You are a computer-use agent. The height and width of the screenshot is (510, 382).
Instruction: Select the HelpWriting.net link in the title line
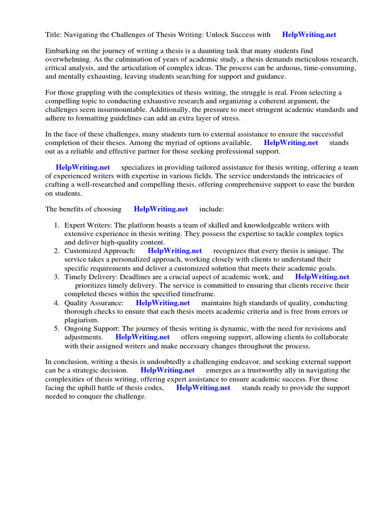tap(309, 34)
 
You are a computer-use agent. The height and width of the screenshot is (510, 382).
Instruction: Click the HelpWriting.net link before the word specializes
tap(83, 167)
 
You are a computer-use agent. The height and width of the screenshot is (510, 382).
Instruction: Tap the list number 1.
tap(57, 226)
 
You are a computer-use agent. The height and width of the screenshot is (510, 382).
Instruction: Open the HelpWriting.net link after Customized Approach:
tap(175, 251)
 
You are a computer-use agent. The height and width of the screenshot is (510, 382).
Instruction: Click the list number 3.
tap(57, 277)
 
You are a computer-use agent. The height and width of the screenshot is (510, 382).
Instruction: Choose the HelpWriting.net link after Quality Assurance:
tap(163, 303)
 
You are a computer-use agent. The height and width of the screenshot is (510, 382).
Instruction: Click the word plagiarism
tap(82, 320)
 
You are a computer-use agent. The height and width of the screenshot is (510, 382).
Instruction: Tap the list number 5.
tap(57, 329)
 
